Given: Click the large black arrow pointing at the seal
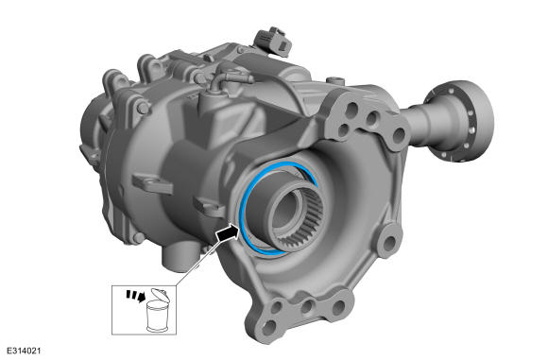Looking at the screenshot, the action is [228, 233].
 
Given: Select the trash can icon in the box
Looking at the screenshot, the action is [158, 310].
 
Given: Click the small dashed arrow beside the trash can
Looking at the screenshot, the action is [136, 296].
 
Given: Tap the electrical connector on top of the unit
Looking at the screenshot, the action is [273, 43].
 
